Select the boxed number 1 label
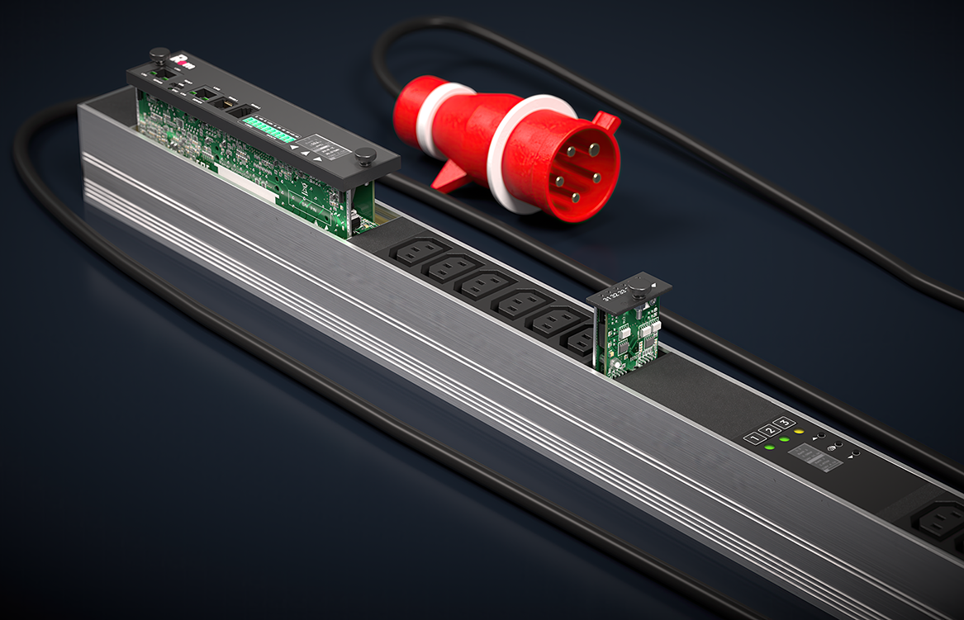(x=752, y=438)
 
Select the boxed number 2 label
(x=767, y=431)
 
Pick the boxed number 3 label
(x=783, y=424)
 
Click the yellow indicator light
(x=798, y=432)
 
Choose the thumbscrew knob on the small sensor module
(x=639, y=286)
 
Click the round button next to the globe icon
(x=838, y=446)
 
